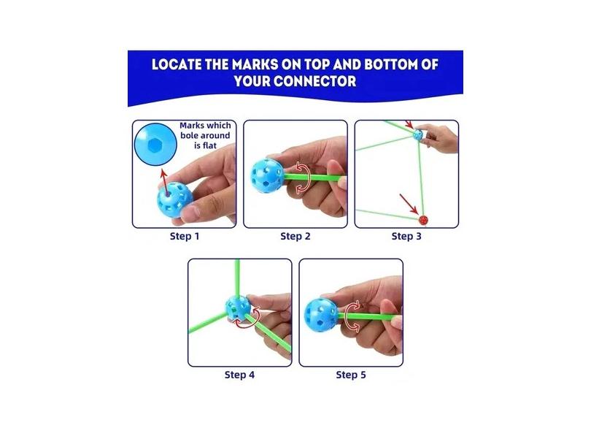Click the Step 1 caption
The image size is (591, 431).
[x=184, y=236]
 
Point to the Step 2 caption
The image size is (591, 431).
[x=295, y=236]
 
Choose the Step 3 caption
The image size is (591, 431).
[x=406, y=236]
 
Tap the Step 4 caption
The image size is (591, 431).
[x=239, y=375]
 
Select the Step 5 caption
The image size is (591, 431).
[x=351, y=375]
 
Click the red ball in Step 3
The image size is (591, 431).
[x=422, y=218]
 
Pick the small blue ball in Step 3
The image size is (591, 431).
[x=418, y=134]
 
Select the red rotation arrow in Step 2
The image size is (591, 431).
[x=301, y=180]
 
